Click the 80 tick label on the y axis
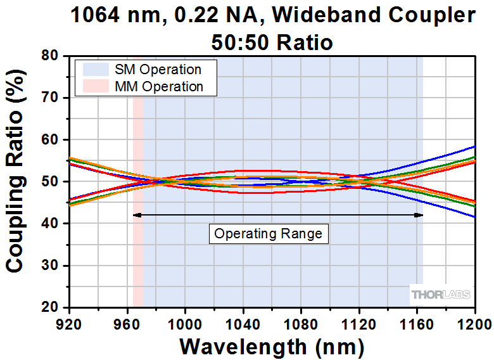50,56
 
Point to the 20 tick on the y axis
50,307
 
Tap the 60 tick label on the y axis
50,140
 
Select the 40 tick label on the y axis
50,224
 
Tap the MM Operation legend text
159,87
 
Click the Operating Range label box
269,234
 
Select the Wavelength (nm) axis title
272,346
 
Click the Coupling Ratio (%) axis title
15,182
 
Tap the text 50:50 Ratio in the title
272,42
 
